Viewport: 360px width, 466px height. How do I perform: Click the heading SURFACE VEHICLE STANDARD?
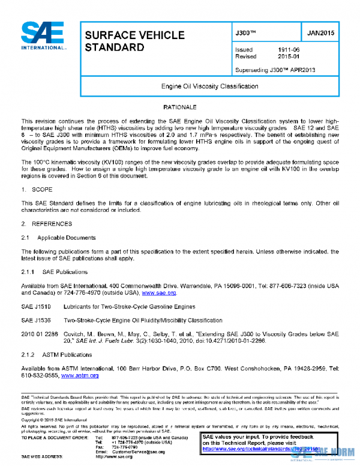134,41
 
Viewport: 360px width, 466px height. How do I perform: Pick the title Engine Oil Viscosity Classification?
209,86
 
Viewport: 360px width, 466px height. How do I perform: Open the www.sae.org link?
158,293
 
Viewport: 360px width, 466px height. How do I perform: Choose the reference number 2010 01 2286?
38,333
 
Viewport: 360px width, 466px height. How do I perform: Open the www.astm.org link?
80,375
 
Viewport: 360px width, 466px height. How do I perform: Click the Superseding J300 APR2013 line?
275,70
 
